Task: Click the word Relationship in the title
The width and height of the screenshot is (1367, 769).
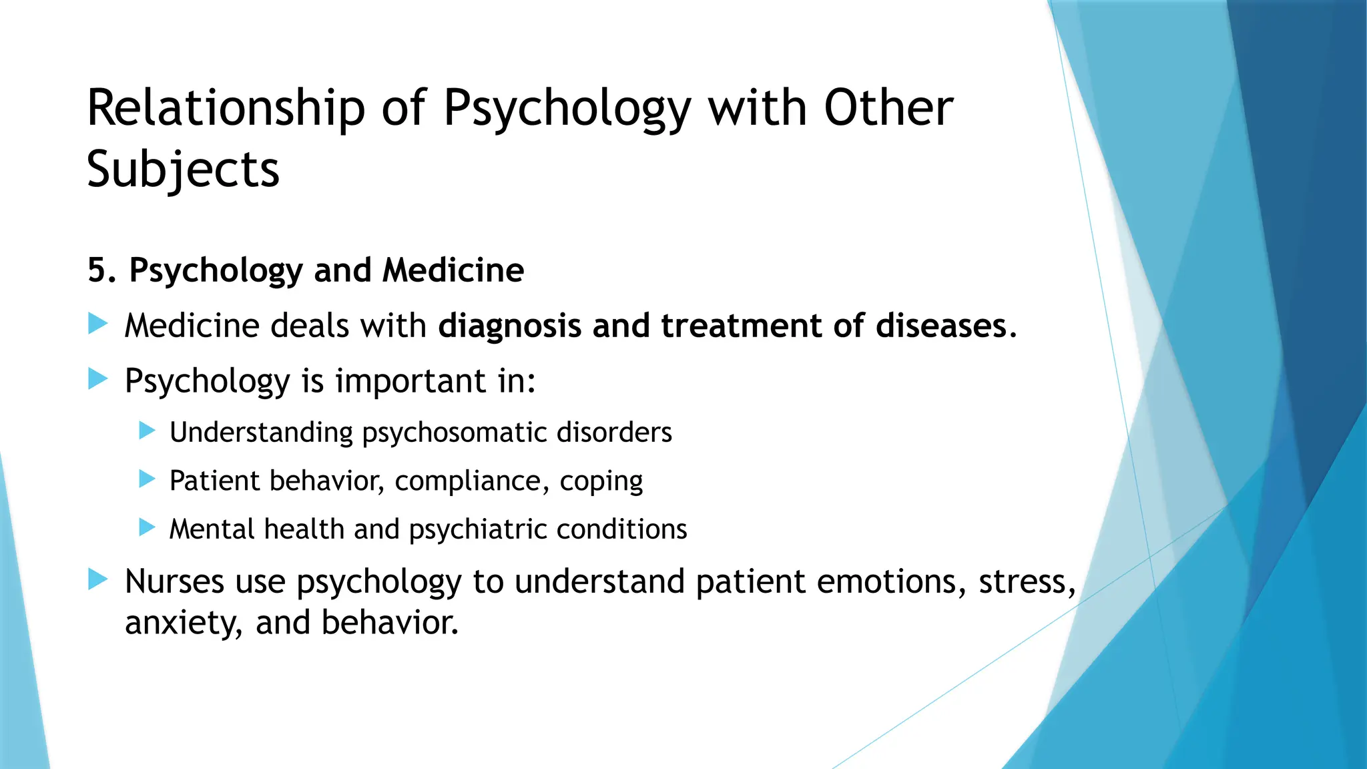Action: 226,108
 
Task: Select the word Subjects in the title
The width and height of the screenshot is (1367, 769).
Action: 183,170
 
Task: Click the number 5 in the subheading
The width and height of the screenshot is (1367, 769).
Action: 97,270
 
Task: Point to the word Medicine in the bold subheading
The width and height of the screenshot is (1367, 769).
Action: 453,270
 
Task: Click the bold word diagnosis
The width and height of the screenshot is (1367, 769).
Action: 510,326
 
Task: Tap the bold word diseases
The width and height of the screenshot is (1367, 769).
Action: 940,326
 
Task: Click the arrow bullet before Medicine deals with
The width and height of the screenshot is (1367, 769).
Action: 98,325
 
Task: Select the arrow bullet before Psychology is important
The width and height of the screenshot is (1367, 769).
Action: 98,380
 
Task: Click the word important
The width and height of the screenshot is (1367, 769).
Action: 411,381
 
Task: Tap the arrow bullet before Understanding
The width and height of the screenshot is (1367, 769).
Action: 147,431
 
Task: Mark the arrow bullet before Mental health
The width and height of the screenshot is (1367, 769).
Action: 147,528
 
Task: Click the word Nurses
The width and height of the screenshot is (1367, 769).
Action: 174,581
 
